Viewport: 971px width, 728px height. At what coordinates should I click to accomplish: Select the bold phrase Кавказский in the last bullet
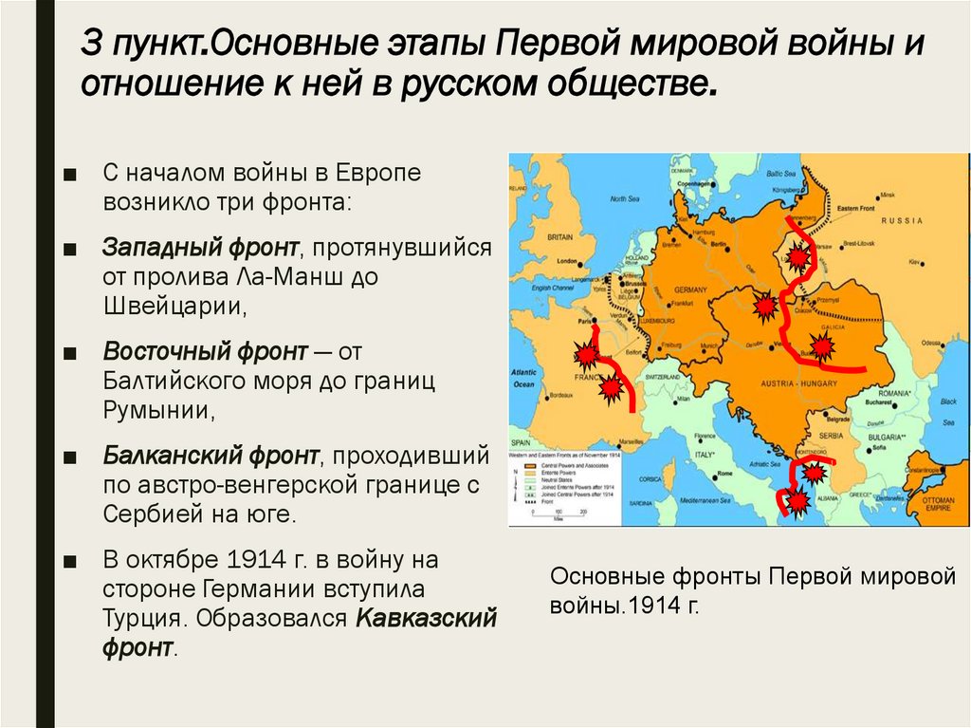click(427, 617)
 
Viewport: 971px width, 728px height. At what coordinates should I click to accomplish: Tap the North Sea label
click(625, 199)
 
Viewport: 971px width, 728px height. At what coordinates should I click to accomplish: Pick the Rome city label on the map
click(725, 473)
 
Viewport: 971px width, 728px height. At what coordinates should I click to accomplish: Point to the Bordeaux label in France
click(559, 394)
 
